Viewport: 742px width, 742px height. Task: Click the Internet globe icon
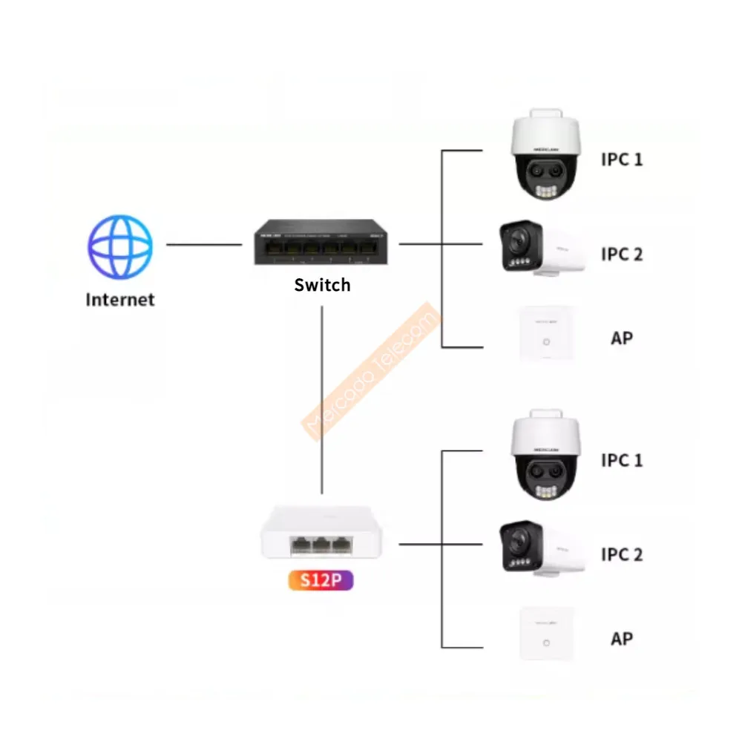(120, 246)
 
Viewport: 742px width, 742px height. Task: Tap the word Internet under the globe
(120, 300)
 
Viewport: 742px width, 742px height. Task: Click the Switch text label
(322, 285)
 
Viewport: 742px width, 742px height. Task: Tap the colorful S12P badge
(322, 580)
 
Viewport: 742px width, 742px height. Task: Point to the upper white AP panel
(547, 334)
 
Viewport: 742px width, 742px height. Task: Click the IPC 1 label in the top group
(622, 159)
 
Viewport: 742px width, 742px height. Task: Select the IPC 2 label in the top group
(622, 254)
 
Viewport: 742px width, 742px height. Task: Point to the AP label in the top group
(622, 338)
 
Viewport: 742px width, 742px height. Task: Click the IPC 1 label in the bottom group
(622, 460)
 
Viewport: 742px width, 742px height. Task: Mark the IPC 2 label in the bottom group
(622, 554)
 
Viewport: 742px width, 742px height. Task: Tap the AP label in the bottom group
(622, 638)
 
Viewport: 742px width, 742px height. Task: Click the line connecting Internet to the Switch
(204, 243)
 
